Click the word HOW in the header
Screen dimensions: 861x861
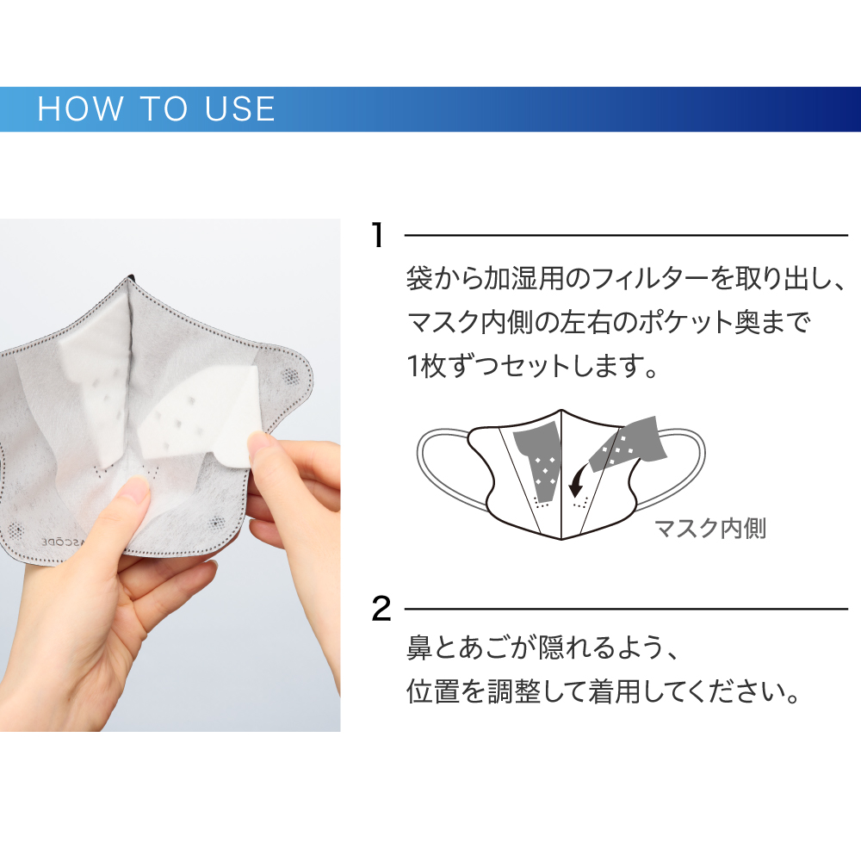pyautogui.click(x=80, y=108)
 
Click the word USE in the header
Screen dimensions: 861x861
pyautogui.click(x=239, y=108)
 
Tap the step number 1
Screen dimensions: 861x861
pyautogui.click(x=377, y=236)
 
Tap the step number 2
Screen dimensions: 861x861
pyautogui.click(x=381, y=609)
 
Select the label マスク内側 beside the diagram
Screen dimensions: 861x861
pyautogui.click(x=710, y=529)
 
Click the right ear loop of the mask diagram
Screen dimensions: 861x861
pyautogui.click(x=681, y=467)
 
